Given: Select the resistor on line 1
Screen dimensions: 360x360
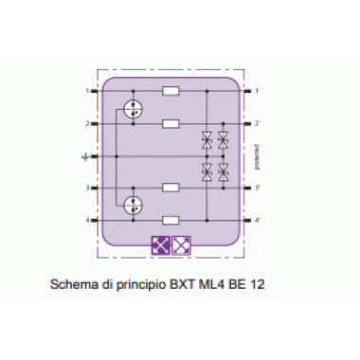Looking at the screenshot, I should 172,92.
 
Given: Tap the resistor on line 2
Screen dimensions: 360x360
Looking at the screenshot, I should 172,124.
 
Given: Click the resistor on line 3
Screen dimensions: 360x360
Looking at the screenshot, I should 172,189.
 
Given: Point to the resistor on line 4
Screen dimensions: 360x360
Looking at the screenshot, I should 172,221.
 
